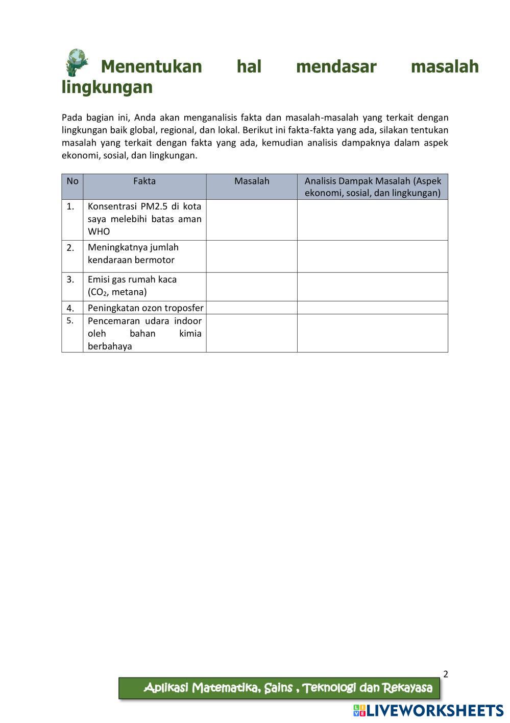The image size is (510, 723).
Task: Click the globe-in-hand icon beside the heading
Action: (77, 62)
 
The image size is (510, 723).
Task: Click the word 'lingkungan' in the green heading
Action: (107, 87)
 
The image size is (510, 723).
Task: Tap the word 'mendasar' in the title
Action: (336, 66)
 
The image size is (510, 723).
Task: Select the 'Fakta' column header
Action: (144, 181)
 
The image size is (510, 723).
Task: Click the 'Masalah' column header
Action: (252, 181)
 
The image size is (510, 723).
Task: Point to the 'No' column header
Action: (72, 181)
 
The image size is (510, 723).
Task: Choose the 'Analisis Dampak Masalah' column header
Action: (373, 186)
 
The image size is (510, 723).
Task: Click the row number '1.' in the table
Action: (70, 206)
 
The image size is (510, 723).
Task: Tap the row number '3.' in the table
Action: (71, 279)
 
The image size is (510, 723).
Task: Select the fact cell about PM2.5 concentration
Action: (144, 219)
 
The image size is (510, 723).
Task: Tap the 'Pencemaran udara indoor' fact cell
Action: (144, 333)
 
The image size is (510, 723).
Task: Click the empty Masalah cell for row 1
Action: (252, 220)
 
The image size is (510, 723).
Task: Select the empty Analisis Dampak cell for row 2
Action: (373, 256)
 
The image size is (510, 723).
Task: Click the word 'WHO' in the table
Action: (99, 231)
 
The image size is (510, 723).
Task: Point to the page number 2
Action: (445, 674)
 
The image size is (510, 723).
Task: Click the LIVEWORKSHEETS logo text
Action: (433, 711)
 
